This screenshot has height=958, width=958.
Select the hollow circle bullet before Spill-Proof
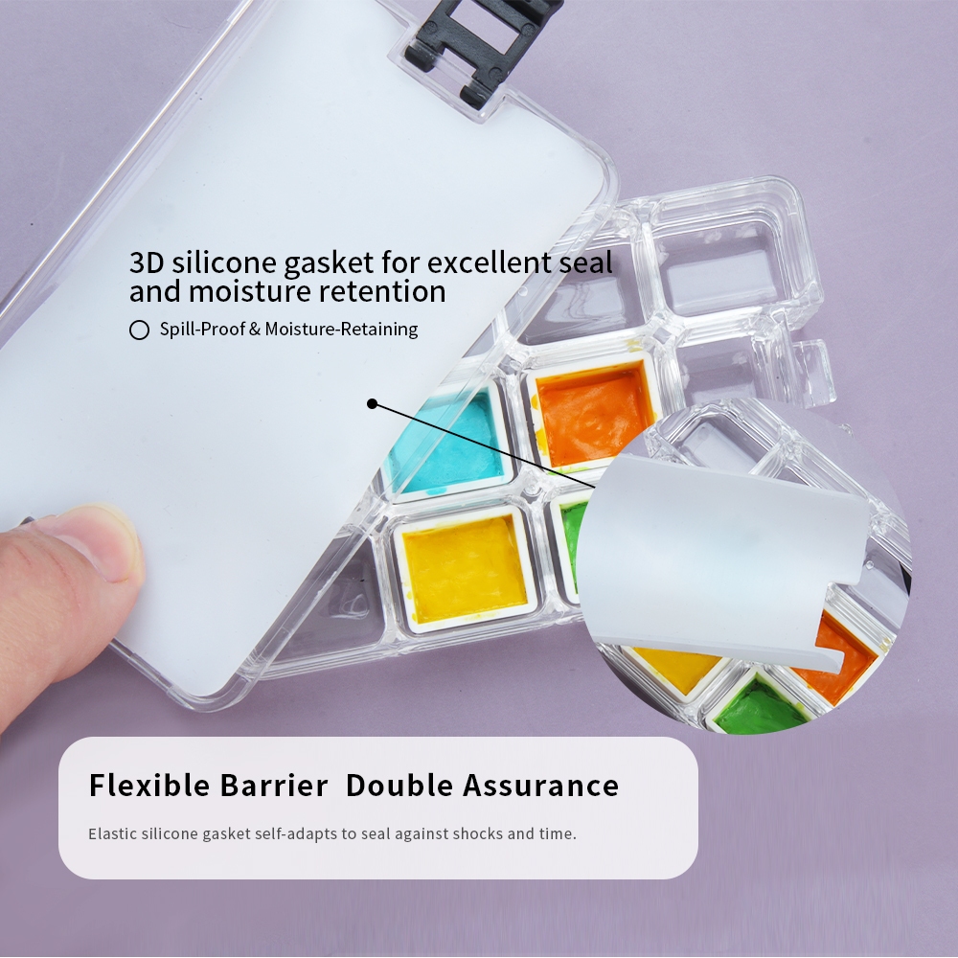click(x=139, y=330)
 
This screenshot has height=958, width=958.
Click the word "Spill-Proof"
click(x=202, y=330)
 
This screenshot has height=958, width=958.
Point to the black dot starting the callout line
click(x=372, y=404)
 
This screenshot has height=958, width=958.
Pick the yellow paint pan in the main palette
click(x=465, y=568)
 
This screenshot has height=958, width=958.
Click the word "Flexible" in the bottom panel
click(x=149, y=786)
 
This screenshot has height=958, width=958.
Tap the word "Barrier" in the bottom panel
click(x=274, y=786)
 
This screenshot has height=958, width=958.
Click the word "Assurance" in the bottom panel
click(x=540, y=786)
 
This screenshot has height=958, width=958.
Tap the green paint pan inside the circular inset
click(x=761, y=706)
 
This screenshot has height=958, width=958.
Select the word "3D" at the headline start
click(x=147, y=263)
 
